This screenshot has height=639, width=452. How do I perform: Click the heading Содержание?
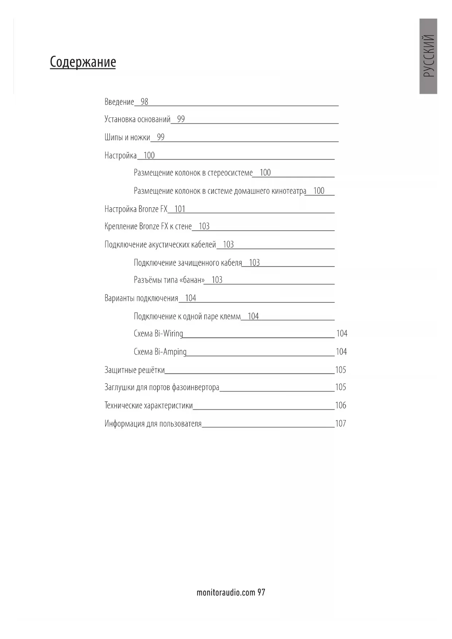pyautogui.click(x=83, y=62)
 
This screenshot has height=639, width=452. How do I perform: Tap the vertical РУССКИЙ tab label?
pyautogui.click(x=428, y=56)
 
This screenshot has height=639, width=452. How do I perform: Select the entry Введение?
pyautogui.click(x=119, y=102)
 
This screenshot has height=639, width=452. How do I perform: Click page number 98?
pyautogui.click(x=144, y=102)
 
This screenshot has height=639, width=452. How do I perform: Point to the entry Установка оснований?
pyautogui.click(x=137, y=119)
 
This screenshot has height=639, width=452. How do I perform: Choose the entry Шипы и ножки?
pyautogui.click(x=127, y=137)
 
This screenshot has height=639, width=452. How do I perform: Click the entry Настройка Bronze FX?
pyautogui.click(x=136, y=209)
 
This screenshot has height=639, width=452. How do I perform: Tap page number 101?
pyautogui.click(x=180, y=209)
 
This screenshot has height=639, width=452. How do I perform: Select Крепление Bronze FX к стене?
pyautogui.click(x=148, y=227)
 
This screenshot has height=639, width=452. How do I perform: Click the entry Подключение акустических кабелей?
pyautogui.click(x=160, y=244)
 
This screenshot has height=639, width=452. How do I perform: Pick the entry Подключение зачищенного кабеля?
pyautogui.click(x=188, y=263)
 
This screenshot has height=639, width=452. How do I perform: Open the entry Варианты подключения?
pyautogui.click(x=141, y=298)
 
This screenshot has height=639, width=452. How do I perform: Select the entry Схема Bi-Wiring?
pyautogui.click(x=158, y=334)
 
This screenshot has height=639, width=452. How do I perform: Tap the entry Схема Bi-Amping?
pyautogui.click(x=160, y=352)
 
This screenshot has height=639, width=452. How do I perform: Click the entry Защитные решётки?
pyautogui.click(x=134, y=370)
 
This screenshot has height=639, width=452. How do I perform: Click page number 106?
pyautogui.click(x=341, y=405)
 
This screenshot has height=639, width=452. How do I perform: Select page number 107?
pyautogui.click(x=341, y=424)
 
